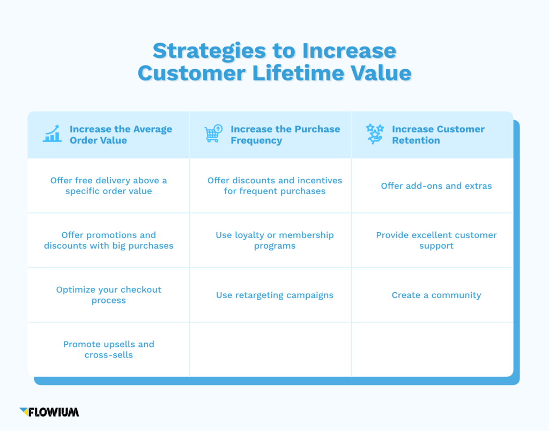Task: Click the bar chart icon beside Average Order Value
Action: tap(52, 134)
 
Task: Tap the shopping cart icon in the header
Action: tap(213, 134)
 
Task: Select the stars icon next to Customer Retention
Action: tap(375, 134)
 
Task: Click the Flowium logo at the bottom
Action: tap(49, 412)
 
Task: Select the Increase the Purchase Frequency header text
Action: tap(285, 135)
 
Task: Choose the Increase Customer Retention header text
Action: tap(437, 135)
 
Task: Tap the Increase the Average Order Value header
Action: tap(121, 135)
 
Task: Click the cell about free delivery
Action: tap(109, 185)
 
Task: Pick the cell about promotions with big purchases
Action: tap(109, 240)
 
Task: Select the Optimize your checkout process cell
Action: tap(109, 295)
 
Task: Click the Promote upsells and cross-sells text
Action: tap(109, 350)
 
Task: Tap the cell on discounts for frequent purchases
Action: tap(274, 185)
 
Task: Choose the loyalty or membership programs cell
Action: tap(274, 240)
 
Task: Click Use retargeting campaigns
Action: tap(274, 295)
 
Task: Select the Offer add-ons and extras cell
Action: tap(436, 186)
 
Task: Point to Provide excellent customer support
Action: tap(436, 240)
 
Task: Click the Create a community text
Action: tap(436, 295)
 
